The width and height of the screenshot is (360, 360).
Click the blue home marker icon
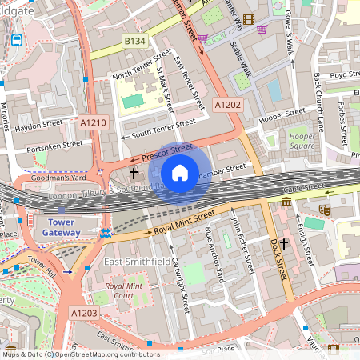click(x=180, y=173)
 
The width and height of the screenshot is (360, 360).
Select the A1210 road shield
click(x=93, y=122)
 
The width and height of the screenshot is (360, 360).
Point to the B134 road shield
click(x=134, y=40)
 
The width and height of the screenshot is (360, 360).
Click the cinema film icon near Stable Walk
click(x=250, y=19)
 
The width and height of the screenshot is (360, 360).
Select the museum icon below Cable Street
click(x=286, y=203)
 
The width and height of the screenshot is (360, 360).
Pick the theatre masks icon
click(x=325, y=210)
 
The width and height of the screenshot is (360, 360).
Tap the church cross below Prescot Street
click(x=134, y=172)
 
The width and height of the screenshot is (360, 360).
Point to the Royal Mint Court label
click(x=113, y=290)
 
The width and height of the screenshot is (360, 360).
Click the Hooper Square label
click(x=301, y=142)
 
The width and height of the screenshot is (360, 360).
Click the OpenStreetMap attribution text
click(x=80, y=354)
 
